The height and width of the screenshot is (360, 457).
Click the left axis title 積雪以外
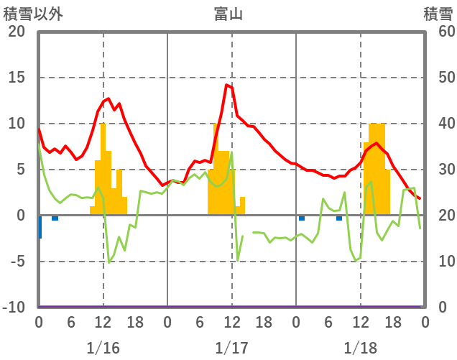(29, 13)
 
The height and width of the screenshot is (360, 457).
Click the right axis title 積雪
(438, 13)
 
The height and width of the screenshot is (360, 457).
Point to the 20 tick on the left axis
(16, 32)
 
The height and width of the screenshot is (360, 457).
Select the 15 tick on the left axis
(16, 78)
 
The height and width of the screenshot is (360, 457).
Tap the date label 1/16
(103, 348)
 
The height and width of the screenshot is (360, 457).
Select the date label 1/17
(231, 348)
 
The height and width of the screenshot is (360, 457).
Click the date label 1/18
(360, 348)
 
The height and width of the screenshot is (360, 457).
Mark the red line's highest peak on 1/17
(227, 85)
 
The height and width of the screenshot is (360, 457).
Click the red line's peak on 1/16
(108, 98)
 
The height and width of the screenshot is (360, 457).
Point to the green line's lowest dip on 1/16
(109, 262)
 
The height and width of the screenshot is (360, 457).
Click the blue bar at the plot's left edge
(40, 227)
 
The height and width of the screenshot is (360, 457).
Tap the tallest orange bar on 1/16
(103, 169)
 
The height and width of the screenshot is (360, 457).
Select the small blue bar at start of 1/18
(302, 218)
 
